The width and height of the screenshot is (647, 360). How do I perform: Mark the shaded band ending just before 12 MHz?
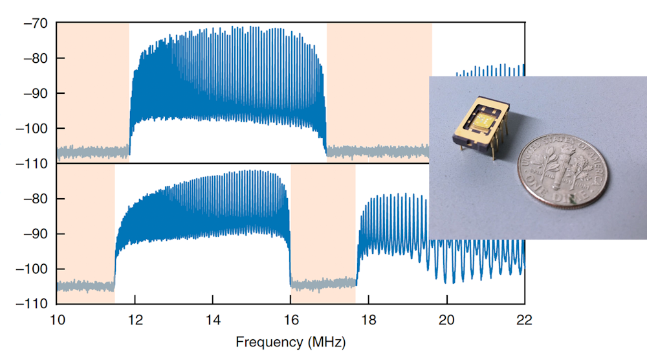point(93,91)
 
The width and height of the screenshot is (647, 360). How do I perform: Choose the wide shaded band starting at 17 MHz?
point(378,91)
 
